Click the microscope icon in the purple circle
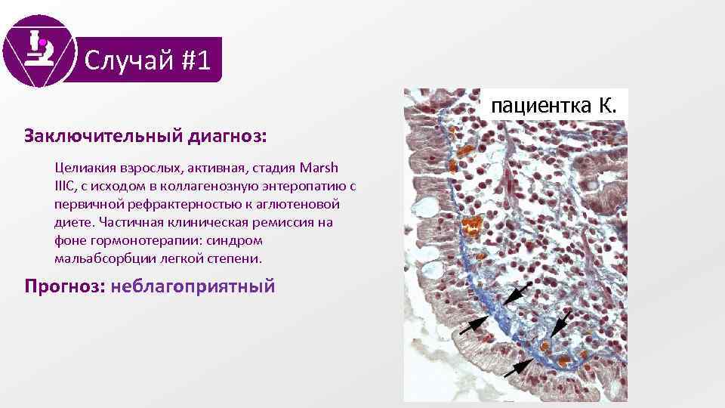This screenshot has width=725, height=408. tap(39, 49)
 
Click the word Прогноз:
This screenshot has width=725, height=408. tap(64, 287)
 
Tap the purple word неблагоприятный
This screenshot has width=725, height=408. tap(193, 287)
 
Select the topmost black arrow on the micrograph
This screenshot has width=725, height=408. tap(516, 295)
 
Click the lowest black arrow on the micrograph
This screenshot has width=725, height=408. tap(517, 368)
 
